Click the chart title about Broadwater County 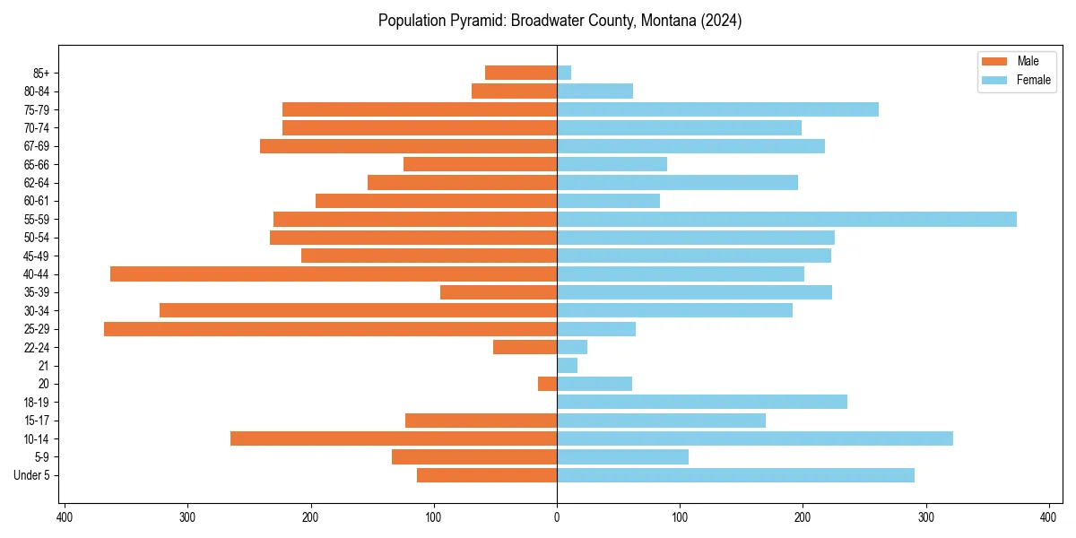click(x=560, y=21)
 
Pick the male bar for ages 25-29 click(x=330, y=329)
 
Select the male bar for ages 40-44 click(x=334, y=273)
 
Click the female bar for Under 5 click(x=735, y=475)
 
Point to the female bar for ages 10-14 click(x=754, y=438)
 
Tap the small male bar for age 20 click(x=548, y=384)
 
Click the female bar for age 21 click(x=567, y=366)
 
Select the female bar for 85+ click(x=564, y=73)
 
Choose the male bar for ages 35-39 click(x=499, y=292)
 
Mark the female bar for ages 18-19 click(x=702, y=402)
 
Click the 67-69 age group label click(x=37, y=146)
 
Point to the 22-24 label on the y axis click(x=37, y=347)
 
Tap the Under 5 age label click(x=32, y=475)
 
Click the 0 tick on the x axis click(x=557, y=517)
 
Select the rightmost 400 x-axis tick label click(x=1049, y=517)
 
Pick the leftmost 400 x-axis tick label click(x=65, y=517)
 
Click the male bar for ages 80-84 click(x=514, y=91)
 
